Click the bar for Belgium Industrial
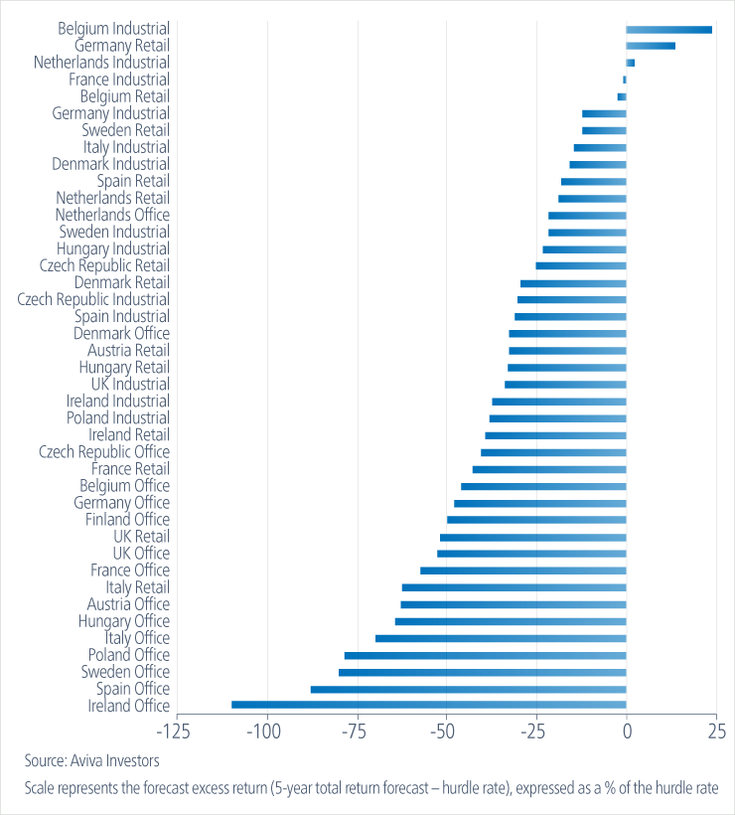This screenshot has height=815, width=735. pos(668,29)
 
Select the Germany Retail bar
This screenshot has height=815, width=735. pos(651,46)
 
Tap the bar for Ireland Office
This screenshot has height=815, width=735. pos(428,706)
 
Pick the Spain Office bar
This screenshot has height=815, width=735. pos(468,689)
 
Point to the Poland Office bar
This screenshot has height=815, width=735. pos(485,655)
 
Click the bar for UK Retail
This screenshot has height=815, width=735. pos(532,537)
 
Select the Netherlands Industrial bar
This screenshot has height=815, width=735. pos(630,63)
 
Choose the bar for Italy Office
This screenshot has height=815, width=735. pos(501,638)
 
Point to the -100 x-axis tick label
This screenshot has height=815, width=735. pos(266,733)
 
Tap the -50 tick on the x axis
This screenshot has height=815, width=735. pos(446,733)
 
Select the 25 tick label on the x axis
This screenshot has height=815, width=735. pos(715,733)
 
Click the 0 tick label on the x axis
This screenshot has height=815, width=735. pos(627,733)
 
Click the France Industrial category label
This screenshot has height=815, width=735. pos(118,80)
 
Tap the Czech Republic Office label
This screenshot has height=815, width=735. pos(103,452)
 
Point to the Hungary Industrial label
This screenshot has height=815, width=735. pos(112,248)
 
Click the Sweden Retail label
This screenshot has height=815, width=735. pos(125,130)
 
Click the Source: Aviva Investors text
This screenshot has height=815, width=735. pos(91,761)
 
